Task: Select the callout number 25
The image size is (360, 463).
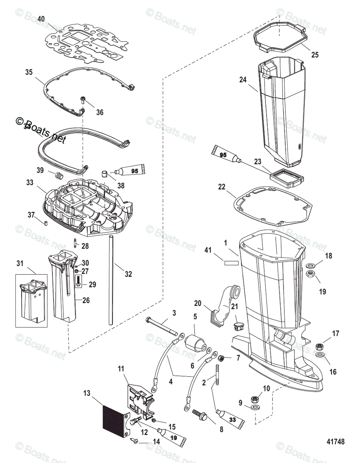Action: [x=315, y=55]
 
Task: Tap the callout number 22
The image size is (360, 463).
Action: [x=221, y=187]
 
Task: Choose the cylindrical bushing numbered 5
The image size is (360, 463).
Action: [x=195, y=343]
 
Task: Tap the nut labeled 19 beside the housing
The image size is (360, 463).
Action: [x=310, y=274]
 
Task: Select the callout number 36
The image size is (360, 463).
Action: [x=100, y=112]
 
